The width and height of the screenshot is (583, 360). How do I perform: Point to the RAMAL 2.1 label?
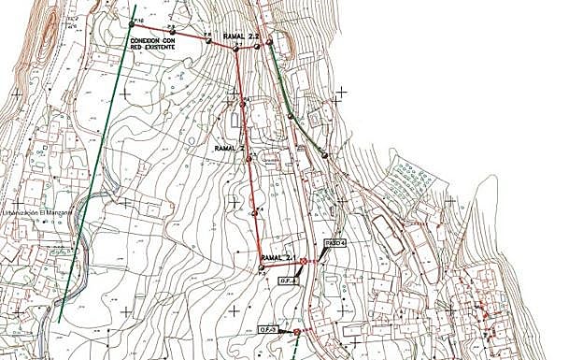(278, 257)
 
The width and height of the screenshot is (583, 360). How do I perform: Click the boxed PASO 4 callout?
(335, 243)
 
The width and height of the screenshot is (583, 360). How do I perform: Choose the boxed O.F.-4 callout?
(287, 281)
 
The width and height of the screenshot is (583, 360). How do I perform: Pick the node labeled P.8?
(207, 39)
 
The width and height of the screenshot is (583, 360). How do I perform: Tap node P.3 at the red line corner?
(262, 268)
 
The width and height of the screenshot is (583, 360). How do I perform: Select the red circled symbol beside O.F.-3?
(297, 332)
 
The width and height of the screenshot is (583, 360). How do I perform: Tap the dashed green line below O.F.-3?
(295, 348)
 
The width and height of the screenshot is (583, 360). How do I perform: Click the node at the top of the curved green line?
(269, 41)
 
